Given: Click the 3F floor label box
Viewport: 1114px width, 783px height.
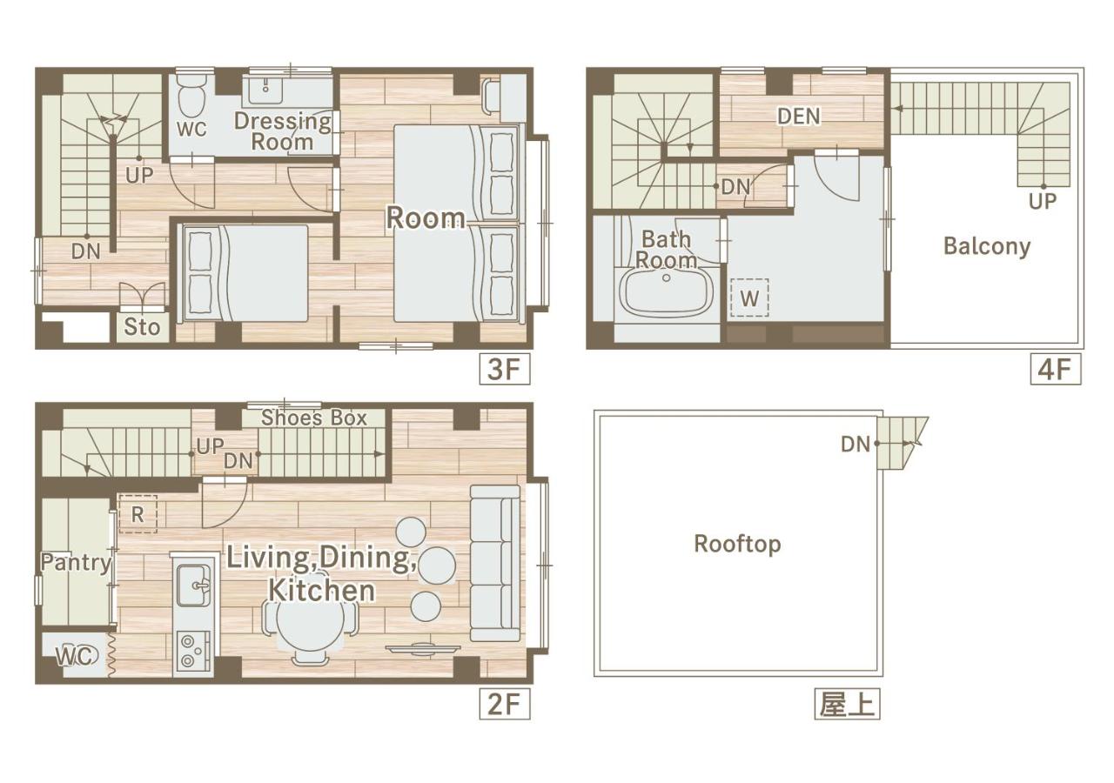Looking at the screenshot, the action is click(504, 369).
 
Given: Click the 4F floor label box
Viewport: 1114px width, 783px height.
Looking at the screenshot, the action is click(1056, 369).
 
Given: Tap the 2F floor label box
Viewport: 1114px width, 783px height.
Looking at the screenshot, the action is click(504, 704).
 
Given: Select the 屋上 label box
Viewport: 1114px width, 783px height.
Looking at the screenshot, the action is click(847, 704).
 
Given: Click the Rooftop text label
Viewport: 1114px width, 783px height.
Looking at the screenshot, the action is click(737, 544).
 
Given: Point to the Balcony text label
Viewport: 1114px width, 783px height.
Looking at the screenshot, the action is click(987, 246).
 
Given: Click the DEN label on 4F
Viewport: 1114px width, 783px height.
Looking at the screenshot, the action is click(799, 117).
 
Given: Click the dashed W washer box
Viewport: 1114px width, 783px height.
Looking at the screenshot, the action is click(749, 298).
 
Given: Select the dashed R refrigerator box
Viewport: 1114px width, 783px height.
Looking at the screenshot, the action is click(138, 514).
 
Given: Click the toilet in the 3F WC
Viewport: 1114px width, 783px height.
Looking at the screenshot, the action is click(192, 97).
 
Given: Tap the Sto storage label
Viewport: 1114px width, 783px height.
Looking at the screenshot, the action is click(142, 327).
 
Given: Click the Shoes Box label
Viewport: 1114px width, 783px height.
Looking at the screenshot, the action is click(314, 418).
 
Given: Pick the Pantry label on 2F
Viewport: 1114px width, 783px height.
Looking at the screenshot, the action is click(76, 562).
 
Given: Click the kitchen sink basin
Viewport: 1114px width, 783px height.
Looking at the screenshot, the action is click(194, 586).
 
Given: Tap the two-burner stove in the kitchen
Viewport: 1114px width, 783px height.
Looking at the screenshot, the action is click(193, 651).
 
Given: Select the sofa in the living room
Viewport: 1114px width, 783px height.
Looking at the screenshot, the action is click(495, 563).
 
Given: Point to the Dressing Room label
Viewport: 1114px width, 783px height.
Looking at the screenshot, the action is click(283, 131).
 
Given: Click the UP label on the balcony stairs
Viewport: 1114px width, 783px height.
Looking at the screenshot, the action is click(1043, 201).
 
